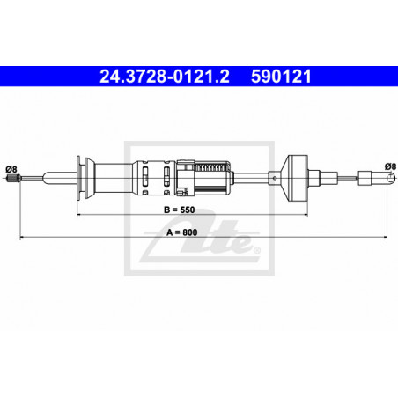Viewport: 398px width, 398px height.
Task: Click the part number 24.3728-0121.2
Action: pos(165,77)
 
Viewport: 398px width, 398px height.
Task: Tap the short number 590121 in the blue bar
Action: pos(281,77)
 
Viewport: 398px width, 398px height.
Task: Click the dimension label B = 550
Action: pos(179,210)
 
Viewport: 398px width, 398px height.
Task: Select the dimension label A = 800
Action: pos(181,232)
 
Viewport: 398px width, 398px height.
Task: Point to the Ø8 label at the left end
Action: pos(11,169)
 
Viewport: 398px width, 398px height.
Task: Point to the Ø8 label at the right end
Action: pos(390,166)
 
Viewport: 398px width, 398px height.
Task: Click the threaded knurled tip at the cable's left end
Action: pos(13,178)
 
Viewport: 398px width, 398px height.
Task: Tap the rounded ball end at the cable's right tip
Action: pos(390,178)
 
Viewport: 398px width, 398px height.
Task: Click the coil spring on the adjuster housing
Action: pos(210,167)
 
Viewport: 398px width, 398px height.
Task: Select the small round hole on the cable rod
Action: pos(275,178)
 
